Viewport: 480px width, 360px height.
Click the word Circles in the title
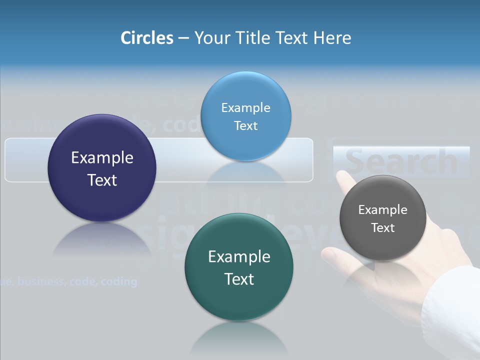147,38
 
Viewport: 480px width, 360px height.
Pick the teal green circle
239,300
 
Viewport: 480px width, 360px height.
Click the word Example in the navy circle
102,157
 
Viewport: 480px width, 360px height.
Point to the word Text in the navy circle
102,180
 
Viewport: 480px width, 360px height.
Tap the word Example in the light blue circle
245,108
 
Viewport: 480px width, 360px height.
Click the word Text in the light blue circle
245,126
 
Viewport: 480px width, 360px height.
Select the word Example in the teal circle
239,256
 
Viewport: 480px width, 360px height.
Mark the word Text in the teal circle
239,279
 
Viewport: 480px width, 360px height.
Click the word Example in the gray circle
382,210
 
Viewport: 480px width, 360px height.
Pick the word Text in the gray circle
382,228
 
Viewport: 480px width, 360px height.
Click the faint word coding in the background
118,281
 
